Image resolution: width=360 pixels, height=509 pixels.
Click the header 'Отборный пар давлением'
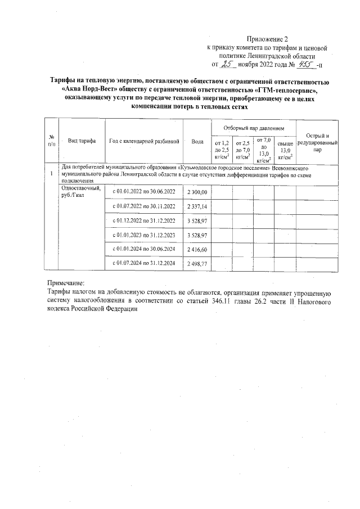254,129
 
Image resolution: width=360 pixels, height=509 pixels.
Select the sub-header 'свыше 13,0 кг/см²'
285,150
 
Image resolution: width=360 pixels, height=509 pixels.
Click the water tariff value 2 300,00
197,192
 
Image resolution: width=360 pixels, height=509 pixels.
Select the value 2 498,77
197,263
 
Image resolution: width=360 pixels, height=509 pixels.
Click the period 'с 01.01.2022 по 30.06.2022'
144,192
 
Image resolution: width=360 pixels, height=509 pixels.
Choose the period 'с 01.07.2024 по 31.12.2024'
144,263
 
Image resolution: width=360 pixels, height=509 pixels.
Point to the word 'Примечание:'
65,284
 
